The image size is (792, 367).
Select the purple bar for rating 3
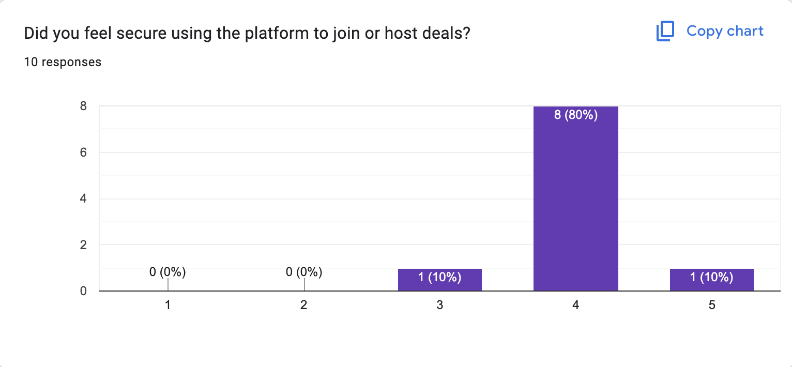[x=439, y=280]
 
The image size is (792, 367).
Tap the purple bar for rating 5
[x=711, y=280]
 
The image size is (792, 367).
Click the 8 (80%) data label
[x=575, y=115]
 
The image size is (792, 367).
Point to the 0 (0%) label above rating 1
[x=167, y=271]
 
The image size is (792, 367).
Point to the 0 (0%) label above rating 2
[x=304, y=271]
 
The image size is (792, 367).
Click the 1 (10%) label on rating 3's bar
[x=439, y=278]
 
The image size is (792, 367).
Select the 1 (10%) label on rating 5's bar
[x=711, y=278]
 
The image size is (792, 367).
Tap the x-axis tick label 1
[x=167, y=305]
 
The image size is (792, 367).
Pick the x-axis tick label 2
[x=304, y=305]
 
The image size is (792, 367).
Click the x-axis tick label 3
[x=439, y=305]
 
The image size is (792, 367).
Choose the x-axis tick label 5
[x=712, y=305]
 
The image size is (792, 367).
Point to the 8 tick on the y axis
[x=82, y=106]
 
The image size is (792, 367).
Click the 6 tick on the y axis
[x=82, y=152]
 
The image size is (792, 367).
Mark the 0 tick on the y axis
[x=82, y=291]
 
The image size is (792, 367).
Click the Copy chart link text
[x=725, y=31]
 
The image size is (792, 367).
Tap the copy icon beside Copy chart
[x=665, y=32]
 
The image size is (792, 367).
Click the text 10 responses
[x=63, y=62]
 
